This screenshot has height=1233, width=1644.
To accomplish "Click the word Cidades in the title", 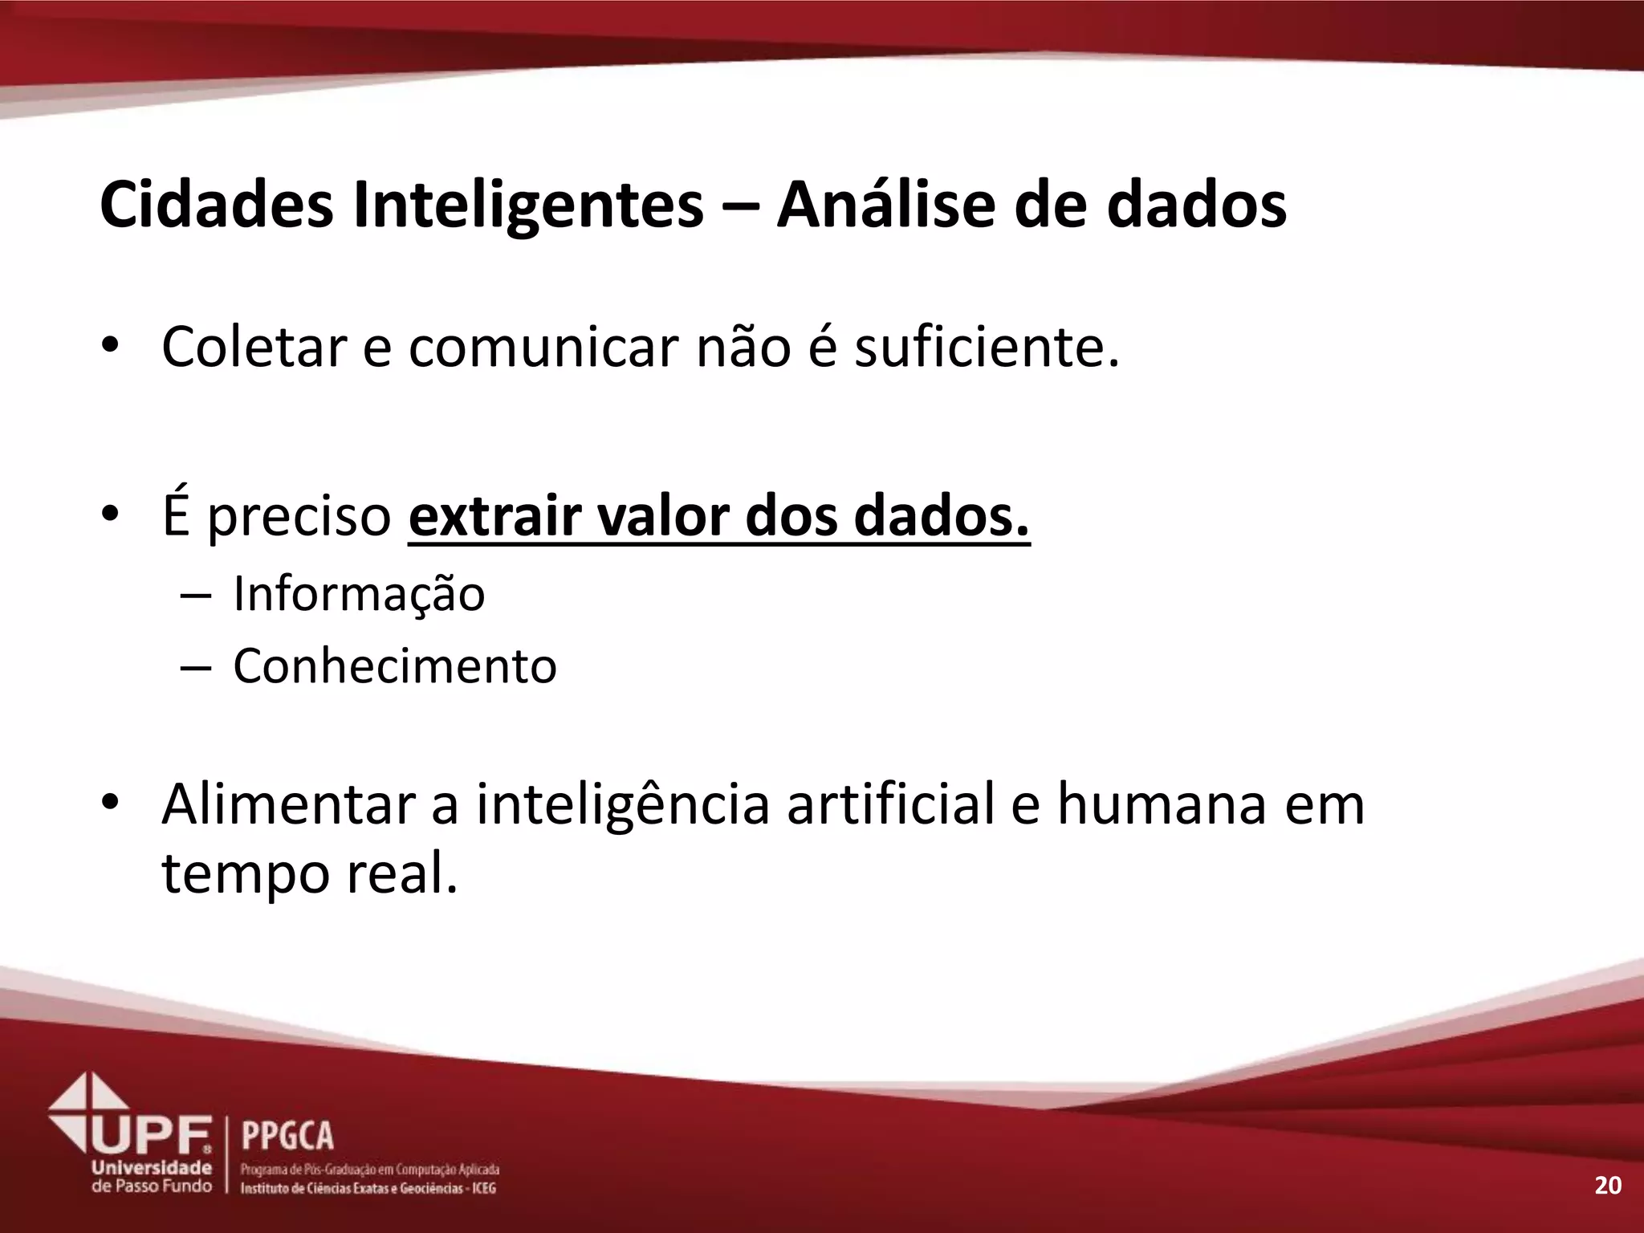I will (216, 205).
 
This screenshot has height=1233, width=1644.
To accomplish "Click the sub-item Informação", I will (359, 594).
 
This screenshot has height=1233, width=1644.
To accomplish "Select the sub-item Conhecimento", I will (394, 665).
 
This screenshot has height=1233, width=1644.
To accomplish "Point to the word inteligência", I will (623, 805).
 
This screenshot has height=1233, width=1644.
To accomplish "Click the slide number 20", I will (1607, 1186).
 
